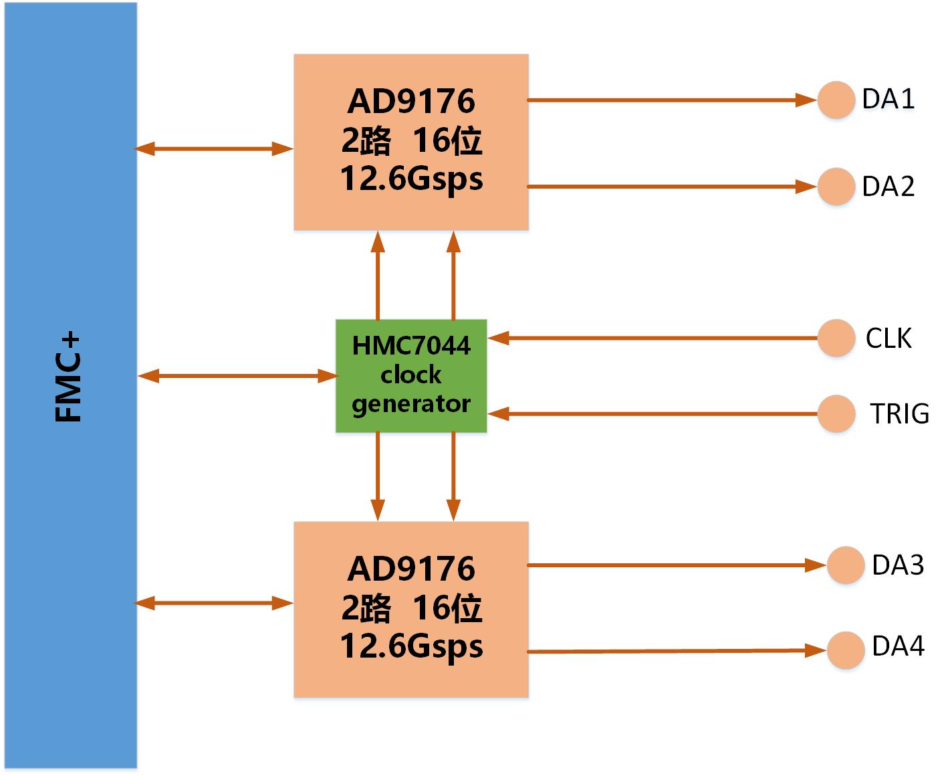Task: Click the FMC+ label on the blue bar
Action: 68,379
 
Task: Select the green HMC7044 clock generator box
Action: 410,375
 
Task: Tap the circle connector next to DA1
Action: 836,100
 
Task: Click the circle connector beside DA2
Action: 836,186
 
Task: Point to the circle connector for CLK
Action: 836,338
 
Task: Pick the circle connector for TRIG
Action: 836,413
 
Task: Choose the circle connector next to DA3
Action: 846,565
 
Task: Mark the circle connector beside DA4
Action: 846,650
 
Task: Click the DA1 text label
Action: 888,99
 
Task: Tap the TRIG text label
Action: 899,414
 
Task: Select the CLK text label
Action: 888,338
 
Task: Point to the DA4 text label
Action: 898,647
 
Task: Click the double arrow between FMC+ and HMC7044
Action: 237,376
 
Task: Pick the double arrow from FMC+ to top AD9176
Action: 214,149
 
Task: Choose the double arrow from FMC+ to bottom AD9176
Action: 214,603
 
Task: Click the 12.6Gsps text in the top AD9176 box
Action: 411,179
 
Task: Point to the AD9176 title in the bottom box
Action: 411,569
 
